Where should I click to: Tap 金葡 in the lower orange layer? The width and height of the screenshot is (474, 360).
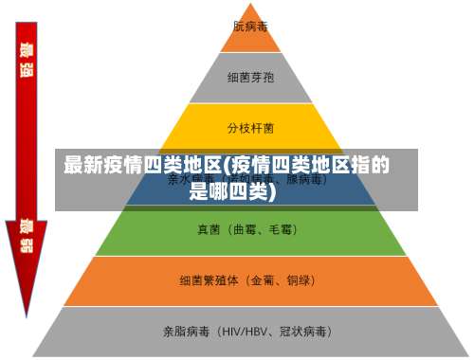[266, 280]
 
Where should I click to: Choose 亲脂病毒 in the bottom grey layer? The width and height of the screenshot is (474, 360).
[186, 332]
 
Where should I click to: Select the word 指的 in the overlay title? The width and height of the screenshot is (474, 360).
[371, 166]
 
